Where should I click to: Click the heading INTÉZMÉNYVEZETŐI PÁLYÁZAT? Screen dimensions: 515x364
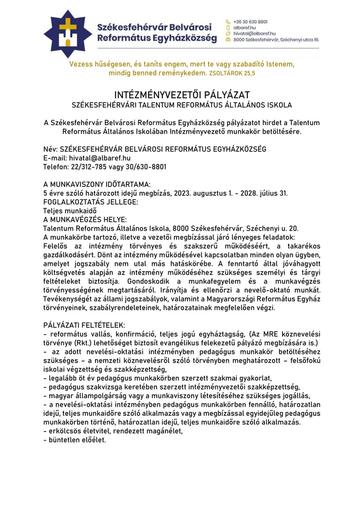click(x=181, y=95)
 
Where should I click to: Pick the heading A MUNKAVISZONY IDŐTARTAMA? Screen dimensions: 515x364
click(x=97, y=184)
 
